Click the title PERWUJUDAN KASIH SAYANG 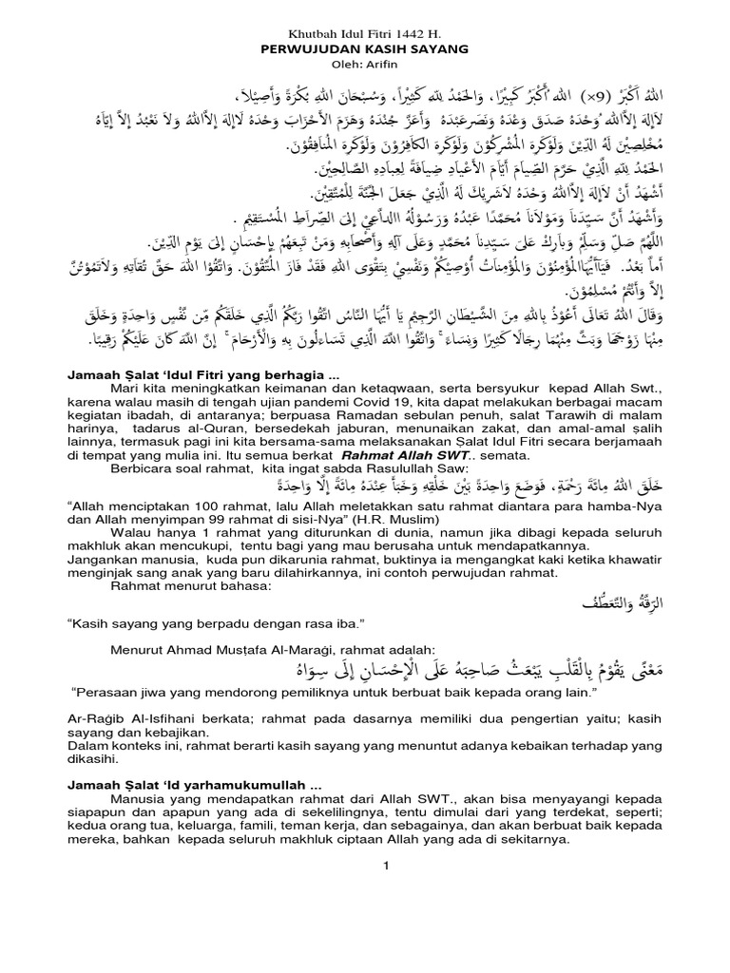(364, 47)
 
